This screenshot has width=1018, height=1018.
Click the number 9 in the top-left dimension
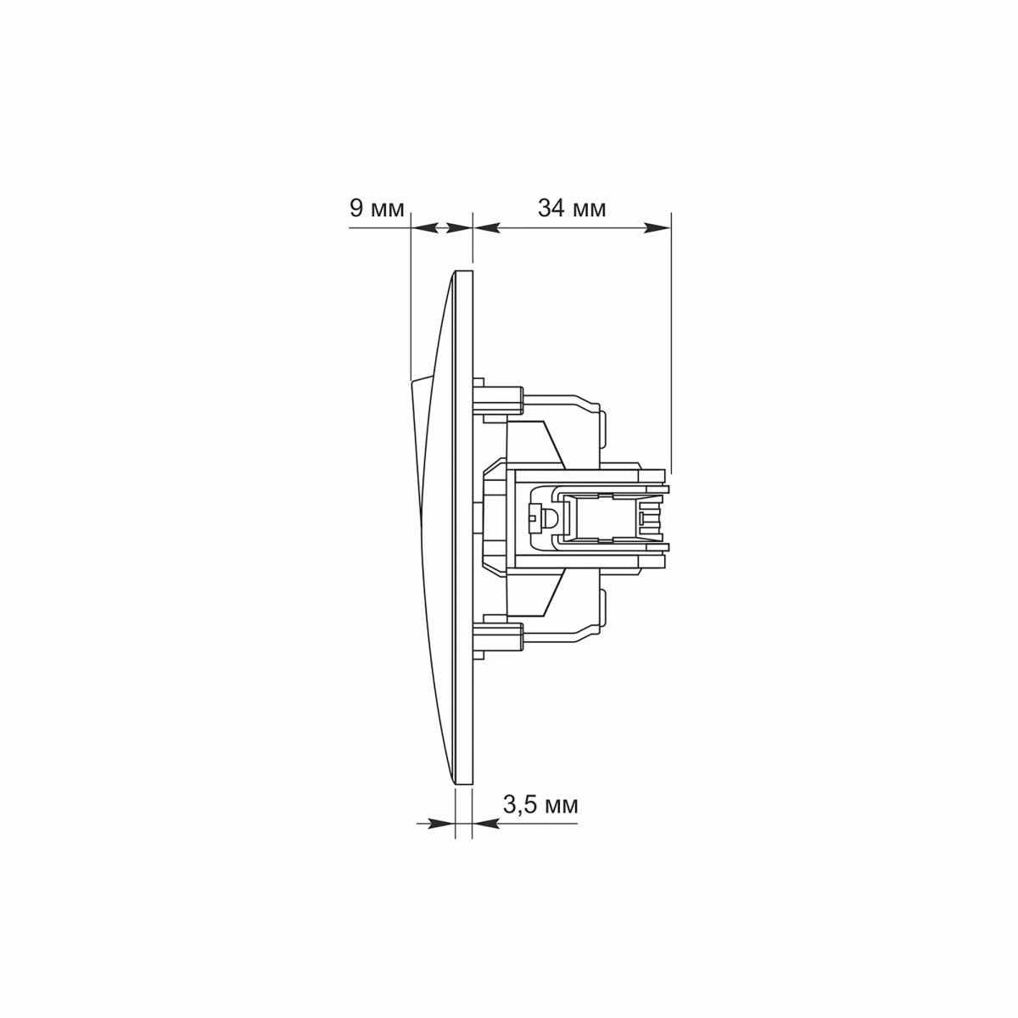(356, 208)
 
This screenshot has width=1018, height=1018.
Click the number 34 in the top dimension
(551, 208)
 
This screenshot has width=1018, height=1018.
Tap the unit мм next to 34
(590, 210)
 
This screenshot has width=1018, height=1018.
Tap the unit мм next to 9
(388, 210)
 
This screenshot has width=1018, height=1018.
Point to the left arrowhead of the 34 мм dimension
(487, 227)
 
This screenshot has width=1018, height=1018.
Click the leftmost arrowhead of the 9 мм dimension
(424, 227)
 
